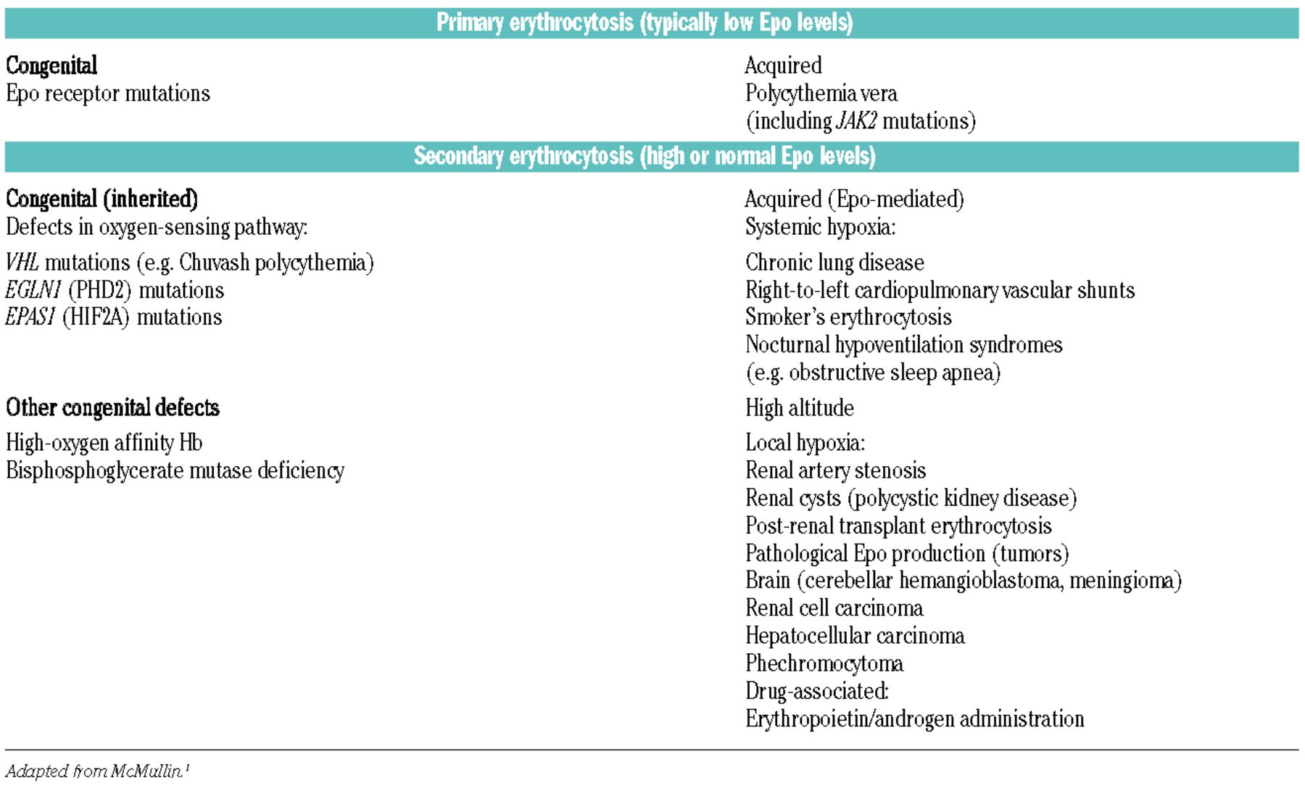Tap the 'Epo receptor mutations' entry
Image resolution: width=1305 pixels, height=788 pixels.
pos(108,94)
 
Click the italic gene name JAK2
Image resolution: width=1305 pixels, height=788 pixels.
pos(856,121)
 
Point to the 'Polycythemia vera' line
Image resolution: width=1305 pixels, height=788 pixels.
pos(821,94)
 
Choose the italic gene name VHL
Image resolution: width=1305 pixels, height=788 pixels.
pos(22,262)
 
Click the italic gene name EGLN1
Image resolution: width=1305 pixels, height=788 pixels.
pos(33,291)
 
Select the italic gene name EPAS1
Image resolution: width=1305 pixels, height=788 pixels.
pos(30,318)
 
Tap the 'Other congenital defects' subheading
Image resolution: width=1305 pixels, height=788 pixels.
pos(112,408)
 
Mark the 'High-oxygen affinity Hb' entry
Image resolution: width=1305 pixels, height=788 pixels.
pos(104,443)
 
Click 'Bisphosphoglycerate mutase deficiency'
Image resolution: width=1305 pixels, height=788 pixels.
pos(175,471)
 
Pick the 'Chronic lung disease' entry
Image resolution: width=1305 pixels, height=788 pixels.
pos(834,262)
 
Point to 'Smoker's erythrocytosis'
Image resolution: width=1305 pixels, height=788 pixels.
pos(848,318)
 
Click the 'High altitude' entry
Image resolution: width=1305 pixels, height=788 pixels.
pos(799,408)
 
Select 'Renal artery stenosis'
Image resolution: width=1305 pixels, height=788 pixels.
pos(835,471)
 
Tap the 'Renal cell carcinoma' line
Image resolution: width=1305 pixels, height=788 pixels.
pos(834,608)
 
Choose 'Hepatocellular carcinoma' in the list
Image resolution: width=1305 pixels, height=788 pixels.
pos(855,636)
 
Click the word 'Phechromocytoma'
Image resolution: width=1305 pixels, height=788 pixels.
pos(824,664)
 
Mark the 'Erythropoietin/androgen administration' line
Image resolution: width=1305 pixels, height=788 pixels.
pos(914,719)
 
